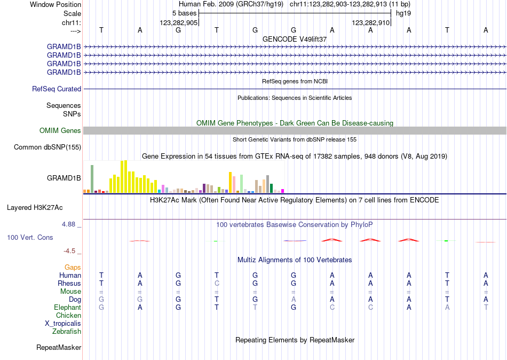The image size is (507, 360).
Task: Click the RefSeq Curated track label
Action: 57,89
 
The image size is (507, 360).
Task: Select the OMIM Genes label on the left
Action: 60,131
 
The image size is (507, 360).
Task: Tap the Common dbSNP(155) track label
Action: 47,147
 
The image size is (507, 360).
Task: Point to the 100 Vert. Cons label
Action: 30,237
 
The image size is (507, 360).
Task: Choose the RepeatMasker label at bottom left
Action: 59,348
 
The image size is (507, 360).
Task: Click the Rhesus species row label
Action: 70,283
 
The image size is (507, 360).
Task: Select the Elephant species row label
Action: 67,308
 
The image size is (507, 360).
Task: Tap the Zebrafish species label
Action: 67,332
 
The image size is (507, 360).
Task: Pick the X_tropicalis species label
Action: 63,324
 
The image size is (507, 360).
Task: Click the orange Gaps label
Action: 73,267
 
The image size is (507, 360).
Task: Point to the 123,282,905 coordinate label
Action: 179,23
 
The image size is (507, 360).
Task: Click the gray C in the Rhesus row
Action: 217,283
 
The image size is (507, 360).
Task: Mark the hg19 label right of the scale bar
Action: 403,13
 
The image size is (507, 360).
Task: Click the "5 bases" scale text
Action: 184,13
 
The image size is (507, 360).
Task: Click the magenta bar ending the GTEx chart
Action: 283,191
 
